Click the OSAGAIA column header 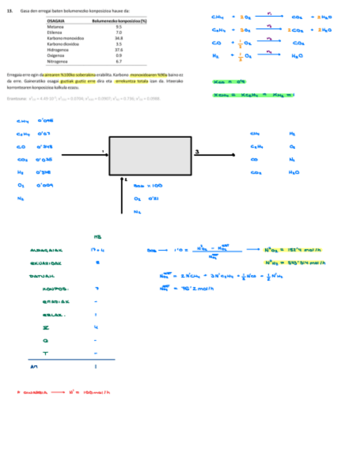pyautogui.click(x=57, y=20)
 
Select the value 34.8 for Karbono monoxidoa pyautogui.click(x=119, y=38)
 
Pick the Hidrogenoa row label pyautogui.click(x=57, y=49)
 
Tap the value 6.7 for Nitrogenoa pyautogui.click(x=119, y=61)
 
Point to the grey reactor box pyautogui.click(x=150, y=156)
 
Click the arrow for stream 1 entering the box pyautogui.click(x=85, y=155)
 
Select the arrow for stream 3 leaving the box pyautogui.click(x=214, y=155)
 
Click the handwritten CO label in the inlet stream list pyautogui.click(x=21, y=146)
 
